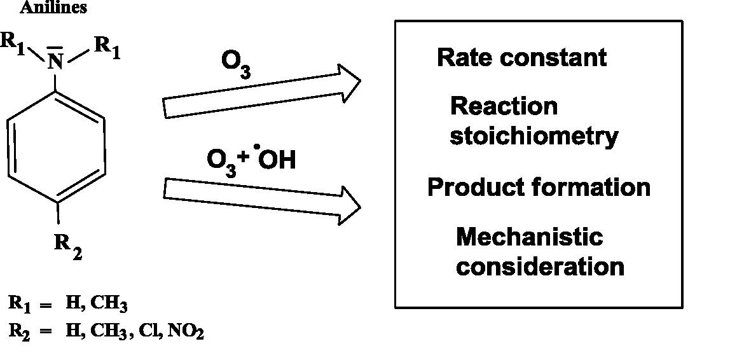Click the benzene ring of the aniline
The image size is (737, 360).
[56, 147]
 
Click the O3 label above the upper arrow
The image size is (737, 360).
[236, 65]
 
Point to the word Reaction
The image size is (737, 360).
[504, 106]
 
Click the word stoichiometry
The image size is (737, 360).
[534, 136]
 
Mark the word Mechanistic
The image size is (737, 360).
[529, 237]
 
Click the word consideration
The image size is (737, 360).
[541, 267]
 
